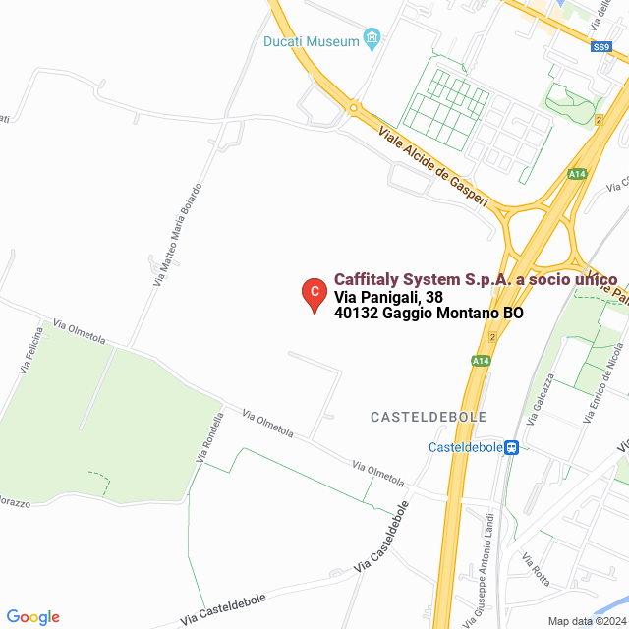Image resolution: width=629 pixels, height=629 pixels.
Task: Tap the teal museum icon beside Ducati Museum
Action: tap(372, 40)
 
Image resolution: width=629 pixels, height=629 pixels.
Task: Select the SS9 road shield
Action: tap(602, 46)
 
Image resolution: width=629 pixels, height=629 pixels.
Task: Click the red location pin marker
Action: tap(314, 294)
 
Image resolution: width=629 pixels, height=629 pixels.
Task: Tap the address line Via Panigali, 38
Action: tap(388, 297)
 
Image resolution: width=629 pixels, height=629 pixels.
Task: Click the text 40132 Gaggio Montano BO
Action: tap(429, 314)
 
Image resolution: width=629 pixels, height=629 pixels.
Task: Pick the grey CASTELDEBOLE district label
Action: tap(429, 417)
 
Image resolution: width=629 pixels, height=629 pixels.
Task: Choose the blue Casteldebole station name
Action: tap(465, 447)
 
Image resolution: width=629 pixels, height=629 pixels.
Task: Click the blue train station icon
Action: tap(512, 447)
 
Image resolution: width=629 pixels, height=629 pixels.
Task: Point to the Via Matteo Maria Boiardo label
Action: tap(178, 234)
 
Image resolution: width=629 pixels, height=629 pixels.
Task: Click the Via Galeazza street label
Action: tap(539, 397)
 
